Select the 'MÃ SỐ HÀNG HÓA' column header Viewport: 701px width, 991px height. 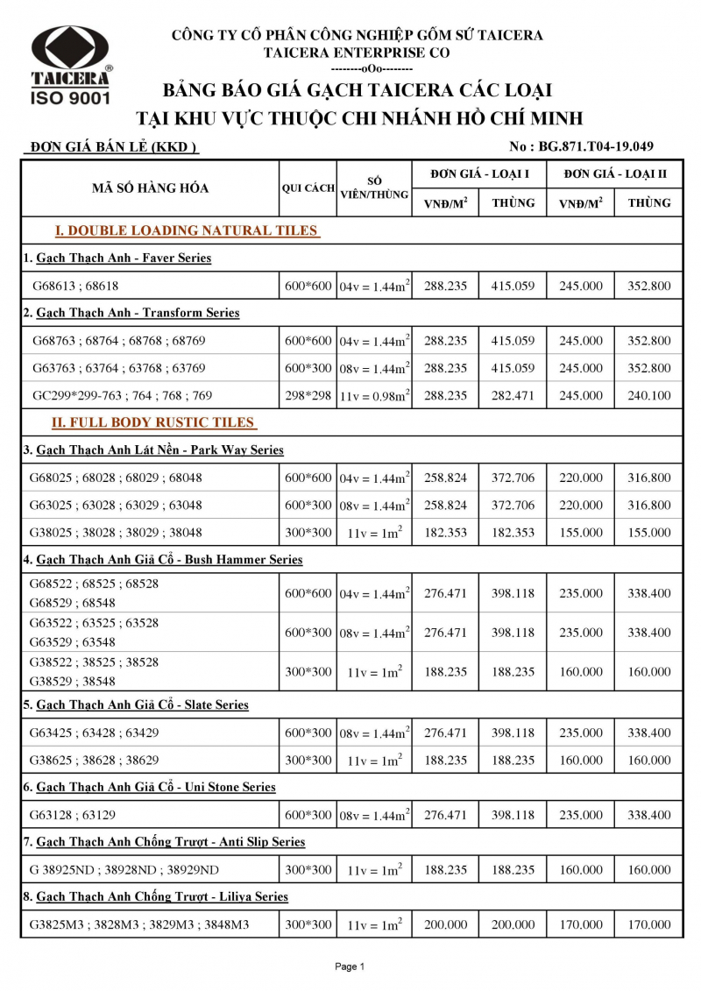pos(151,188)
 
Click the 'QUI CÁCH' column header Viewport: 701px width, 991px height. pos(308,188)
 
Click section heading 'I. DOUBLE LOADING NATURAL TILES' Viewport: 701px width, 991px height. pos(187,230)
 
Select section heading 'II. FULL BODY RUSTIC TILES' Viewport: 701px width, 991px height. pos(153,422)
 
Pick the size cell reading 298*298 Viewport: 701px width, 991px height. pos(308,395)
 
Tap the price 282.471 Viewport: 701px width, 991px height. pos(513,395)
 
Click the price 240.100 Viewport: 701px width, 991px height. pos(649,395)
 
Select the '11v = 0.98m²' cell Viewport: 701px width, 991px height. pos(375,395)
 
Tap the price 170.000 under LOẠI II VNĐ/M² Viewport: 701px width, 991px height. pos(581,924)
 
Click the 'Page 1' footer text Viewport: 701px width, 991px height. pos(350,966)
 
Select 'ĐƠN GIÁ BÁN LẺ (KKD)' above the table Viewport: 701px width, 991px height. pos(110,147)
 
